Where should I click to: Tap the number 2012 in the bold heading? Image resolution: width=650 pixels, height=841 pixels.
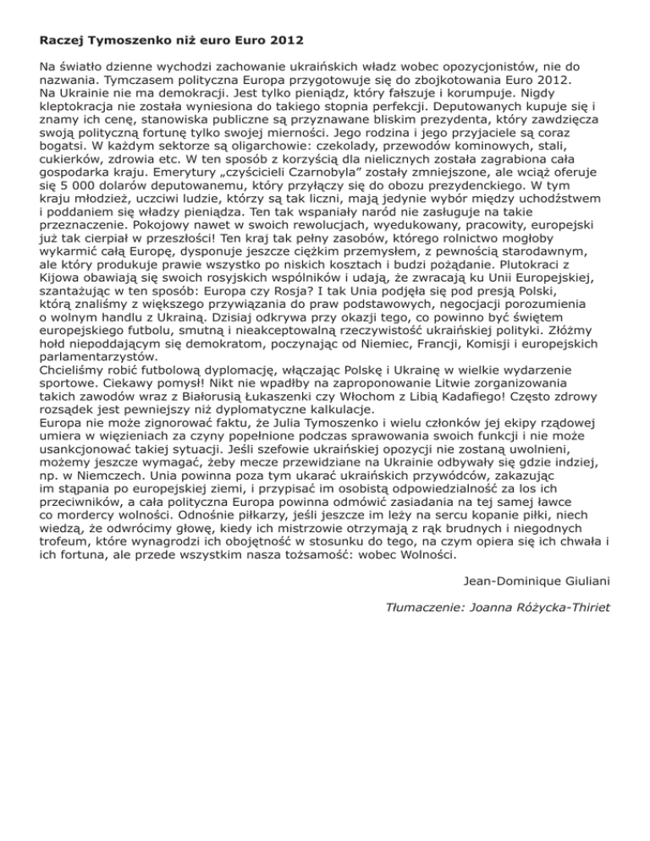283,40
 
